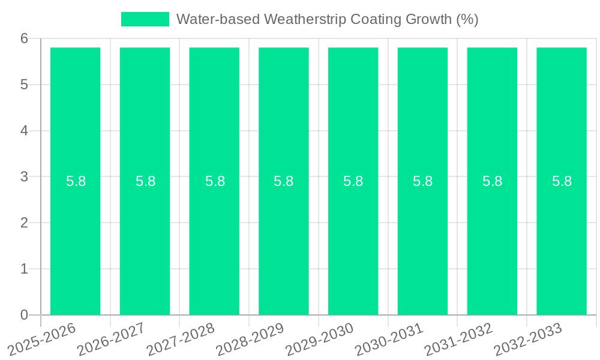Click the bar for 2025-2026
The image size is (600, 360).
click(x=75, y=240)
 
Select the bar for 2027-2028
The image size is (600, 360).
click(x=214, y=240)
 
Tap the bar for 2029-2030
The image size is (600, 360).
click(x=353, y=240)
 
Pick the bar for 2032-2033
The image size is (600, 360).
click(x=562, y=240)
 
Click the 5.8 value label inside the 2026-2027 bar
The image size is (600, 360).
click(x=145, y=181)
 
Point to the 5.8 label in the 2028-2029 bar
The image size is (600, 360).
click(x=284, y=181)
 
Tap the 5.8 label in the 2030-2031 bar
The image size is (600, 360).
click(x=422, y=181)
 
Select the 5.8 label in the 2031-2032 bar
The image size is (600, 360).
click(x=492, y=181)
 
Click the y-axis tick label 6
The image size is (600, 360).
click(x=24, y=38)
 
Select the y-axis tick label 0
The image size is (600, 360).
click(x=24, y=315)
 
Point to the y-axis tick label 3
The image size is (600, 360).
click(x=24, y=177)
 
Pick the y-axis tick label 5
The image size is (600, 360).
click(x=24, y=85)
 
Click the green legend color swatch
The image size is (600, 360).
click(x=145, y=19)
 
